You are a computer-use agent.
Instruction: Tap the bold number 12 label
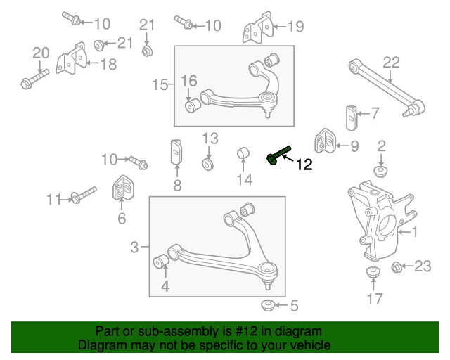coord(304,165)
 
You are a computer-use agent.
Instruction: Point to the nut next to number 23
coord(395,266)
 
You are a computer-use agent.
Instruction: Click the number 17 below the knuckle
coord(375,299)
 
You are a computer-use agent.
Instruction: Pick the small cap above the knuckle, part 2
coord(381,172)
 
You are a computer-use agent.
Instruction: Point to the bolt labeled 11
coord(82,195)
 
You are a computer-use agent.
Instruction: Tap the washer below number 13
coord(208,164)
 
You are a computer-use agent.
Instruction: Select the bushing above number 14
coord(243,153)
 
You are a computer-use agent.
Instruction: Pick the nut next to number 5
coord(267,305)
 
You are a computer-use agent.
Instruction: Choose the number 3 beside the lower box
coord(134,247)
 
